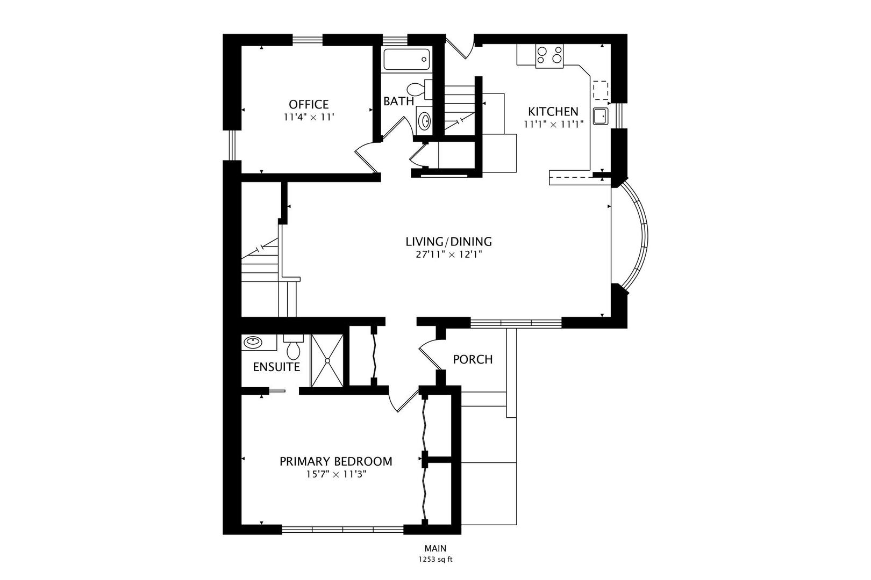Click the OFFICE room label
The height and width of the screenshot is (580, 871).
[x=309, y=104]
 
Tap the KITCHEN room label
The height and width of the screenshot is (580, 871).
[x=553, y=112]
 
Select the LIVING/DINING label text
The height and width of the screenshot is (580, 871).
[x=449, y=242]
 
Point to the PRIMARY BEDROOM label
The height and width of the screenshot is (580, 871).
[x=336, y=461]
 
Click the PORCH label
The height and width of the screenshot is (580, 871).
[x=473, y=359]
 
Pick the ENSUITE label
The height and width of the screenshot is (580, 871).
[x=276, y=367]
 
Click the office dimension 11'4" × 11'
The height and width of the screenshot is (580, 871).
[x=309, y=117]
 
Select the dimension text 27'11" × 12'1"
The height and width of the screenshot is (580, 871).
[x=449, y=255]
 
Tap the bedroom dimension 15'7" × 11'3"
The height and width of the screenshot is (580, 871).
[x=336, y=474]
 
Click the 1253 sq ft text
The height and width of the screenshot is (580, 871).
[x=435, y=560]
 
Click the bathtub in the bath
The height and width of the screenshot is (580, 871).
[x=406, y=60]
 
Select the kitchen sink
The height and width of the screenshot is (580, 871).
[x=601, y=116]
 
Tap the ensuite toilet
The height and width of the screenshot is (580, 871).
[x=293, y=346]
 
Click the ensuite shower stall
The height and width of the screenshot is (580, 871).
[x=327, y=360]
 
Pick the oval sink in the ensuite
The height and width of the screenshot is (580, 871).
[x=253, y=343]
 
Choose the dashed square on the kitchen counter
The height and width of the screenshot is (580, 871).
[x=601, y=90]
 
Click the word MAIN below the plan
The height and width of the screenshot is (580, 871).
[x=435, y=548]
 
